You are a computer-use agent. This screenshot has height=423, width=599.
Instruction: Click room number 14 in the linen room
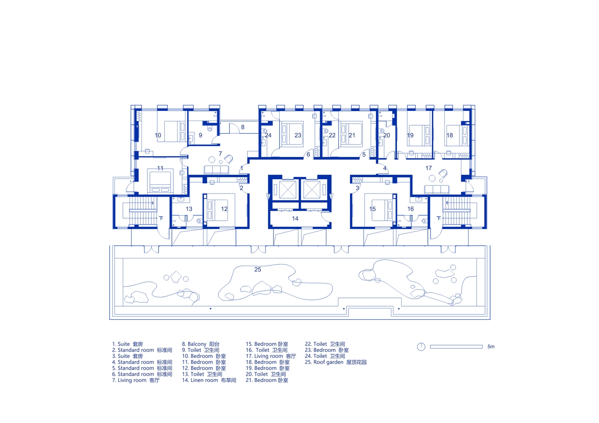(x=295, y=219)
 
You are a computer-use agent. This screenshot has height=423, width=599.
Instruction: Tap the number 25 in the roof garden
(x=258, y=270)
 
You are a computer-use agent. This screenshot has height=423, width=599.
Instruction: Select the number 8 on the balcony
(x=243, y=127)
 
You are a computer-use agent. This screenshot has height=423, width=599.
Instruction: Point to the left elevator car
(x=288, y=190)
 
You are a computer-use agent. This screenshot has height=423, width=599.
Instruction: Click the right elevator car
(x=311, y=190)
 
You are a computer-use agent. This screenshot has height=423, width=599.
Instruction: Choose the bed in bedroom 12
(x=218, y=210)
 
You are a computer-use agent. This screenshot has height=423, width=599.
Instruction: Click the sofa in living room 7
(x=216, y=170)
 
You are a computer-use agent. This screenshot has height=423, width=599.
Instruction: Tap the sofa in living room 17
(x=437, y=190)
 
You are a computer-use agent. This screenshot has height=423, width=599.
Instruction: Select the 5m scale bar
(x=456, y=346)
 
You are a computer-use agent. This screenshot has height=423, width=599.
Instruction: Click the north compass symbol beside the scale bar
(x=421, y=346)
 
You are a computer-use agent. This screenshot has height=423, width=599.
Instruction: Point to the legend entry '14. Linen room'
(x=209, y=380)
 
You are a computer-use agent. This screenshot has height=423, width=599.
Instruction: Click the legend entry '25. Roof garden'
(x=336, y=363)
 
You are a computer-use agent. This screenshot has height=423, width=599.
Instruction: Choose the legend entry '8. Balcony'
(x=200, y=344)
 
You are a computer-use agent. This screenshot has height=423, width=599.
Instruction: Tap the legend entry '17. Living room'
(x=271, y=356)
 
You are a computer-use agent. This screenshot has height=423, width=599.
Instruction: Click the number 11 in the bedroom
(x=160, y=168)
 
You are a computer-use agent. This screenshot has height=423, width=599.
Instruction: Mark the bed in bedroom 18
(x=457, y=135)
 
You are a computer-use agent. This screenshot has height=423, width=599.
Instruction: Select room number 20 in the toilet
(x=387, y=135)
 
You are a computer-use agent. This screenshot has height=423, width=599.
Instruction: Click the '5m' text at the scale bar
(x=491, y=346)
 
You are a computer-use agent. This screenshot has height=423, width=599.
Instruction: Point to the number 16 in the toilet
(x=410, y=209)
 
